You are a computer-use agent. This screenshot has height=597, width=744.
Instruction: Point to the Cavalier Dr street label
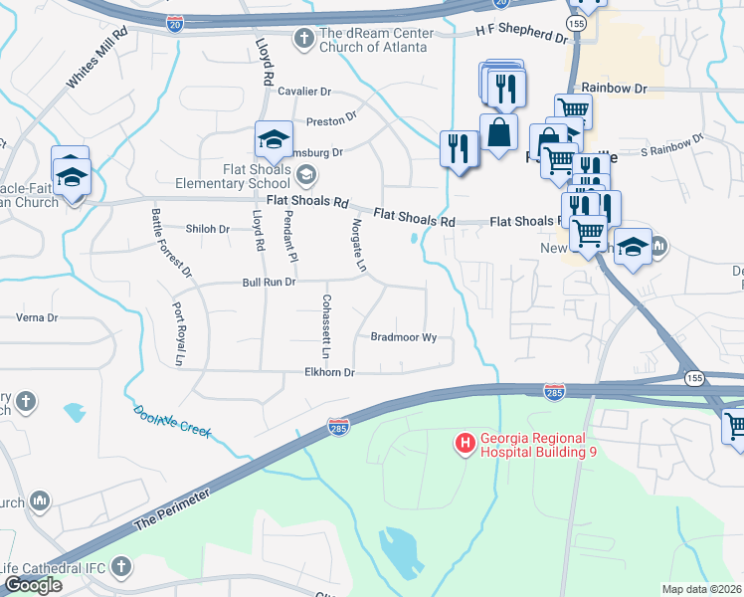304,92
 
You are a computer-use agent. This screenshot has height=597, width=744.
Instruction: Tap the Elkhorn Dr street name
330,372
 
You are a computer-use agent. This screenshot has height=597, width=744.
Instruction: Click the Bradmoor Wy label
404,337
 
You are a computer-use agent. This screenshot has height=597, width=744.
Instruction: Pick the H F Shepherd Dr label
520,35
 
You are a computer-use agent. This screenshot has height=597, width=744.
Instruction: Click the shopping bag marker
497,131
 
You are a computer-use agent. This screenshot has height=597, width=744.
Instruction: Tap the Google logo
33,585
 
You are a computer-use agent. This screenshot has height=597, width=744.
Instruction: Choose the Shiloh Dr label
210,229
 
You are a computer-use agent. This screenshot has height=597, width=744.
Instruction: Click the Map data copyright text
702,589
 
